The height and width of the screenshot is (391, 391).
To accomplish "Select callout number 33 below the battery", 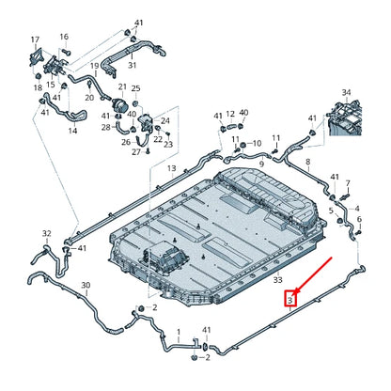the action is pyautogui.click(x=277, y=280).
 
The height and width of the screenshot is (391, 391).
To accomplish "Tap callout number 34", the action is pyautogui.click(x=346, y=93).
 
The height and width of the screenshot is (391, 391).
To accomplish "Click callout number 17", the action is pyautogui.click(x=35, y=39).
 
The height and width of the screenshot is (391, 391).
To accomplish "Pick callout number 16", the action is pyautogui.click(x=64, y=37).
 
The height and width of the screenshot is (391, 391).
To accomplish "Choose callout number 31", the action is pyautogui.click(x=133, y=65).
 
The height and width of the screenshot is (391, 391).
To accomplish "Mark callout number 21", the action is pyautogui.click(x=122, y=86).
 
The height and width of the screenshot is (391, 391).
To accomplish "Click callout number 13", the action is pyautogui.click(x=172, y=168).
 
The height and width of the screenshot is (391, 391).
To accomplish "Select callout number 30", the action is pyautogui.click(x=86, y=285).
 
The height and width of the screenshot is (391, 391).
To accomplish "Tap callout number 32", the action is pyautogui.click(x=47, y=233).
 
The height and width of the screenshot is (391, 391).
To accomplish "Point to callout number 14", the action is pyautogui.click(x=72, y=131).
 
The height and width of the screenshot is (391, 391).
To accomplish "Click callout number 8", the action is pyautogui.click(x=308, y=162).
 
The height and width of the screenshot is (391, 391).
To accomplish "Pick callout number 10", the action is pyautogui.click(x=257, y=144).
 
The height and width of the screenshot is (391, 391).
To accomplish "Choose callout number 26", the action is pyautogui.click(x=126, y=143).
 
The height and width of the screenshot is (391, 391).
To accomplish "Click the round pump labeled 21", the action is pyautogui.click(x=120, y=104).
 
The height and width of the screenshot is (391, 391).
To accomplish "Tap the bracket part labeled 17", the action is pyautogui.click(x=36, y=57).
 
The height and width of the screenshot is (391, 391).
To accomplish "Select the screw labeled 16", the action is pyautogui.click(x=67, y=51).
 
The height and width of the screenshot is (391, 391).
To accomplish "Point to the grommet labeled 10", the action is pyautogui.click(x=242, y=145).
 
